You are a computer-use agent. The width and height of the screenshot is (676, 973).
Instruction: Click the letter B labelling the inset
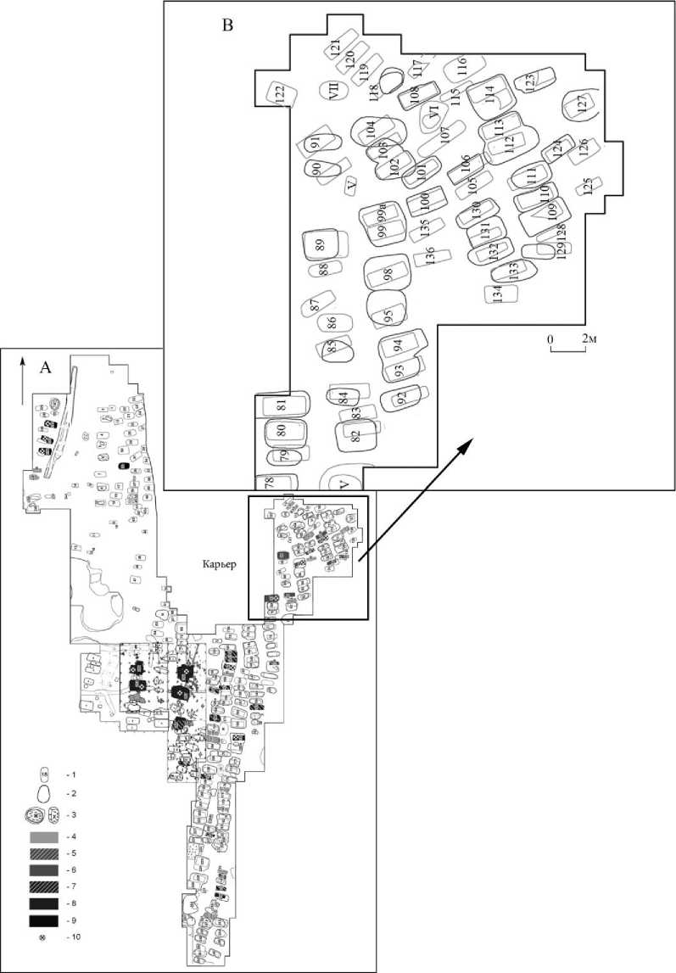[x=227, y=25]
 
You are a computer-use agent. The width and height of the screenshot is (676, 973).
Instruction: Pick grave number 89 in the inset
[x=321, y=244]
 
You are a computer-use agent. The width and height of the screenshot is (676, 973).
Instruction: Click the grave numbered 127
[x=582, y=103]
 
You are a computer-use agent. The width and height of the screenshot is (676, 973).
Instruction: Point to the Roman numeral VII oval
[x=334, y=89]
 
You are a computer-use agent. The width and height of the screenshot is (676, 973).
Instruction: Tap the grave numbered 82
[x=356, y=436]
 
